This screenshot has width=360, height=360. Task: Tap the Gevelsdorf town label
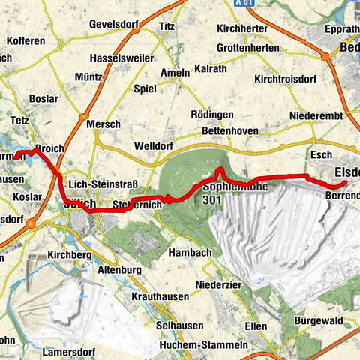pos(116,24)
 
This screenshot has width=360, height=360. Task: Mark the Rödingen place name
pos(212,114)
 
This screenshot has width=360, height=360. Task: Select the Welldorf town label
pos(155,145)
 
